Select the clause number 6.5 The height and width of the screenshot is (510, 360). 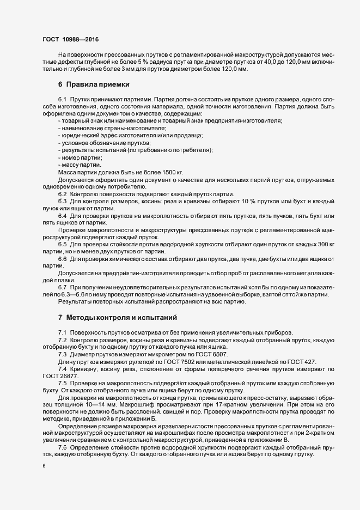pos(62,244)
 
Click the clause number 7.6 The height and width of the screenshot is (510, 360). pos(62,447)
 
